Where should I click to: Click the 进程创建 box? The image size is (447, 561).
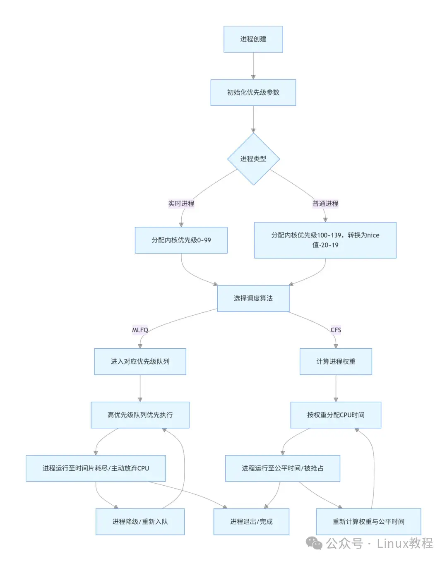click(253, 39)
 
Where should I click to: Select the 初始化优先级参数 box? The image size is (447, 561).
click(253, 92)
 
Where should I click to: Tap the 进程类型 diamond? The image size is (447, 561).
click(253, 159)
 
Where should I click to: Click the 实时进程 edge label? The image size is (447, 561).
click(181, 203)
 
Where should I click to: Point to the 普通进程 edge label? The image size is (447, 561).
click(325, 203)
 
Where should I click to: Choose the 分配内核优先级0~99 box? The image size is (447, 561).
click(181, 240)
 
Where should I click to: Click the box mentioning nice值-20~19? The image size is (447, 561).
click(325, 240)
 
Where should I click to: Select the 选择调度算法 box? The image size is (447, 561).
click(253, 298)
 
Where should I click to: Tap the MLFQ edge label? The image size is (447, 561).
click(140, 330)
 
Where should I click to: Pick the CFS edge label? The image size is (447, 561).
click(336, 330)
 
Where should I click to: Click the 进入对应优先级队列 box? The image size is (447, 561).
click(140, 361)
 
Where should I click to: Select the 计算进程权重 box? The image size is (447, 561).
click(336, 361)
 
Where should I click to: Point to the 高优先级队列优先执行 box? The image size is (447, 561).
click(140, 415)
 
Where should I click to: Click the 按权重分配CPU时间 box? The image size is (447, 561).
click(336, 415)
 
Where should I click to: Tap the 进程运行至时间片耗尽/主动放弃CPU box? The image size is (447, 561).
click(96, 468)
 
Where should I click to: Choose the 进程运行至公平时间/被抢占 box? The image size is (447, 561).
click(282, 468)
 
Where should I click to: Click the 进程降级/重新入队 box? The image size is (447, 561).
click(140, 521)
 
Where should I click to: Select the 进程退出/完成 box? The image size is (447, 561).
click(251, 521)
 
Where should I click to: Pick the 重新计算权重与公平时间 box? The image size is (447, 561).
click(368, 521)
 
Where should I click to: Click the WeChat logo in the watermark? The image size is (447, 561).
click(314, 543)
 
